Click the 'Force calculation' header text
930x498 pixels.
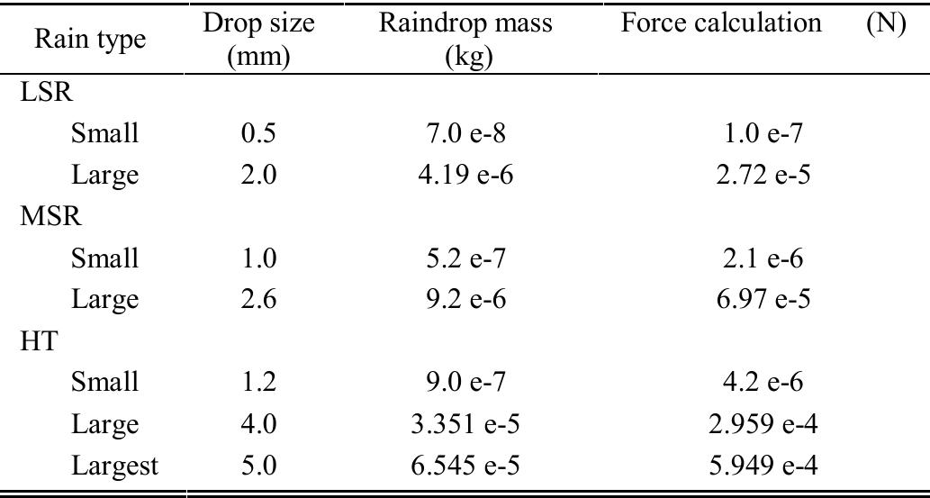point(721,25)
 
